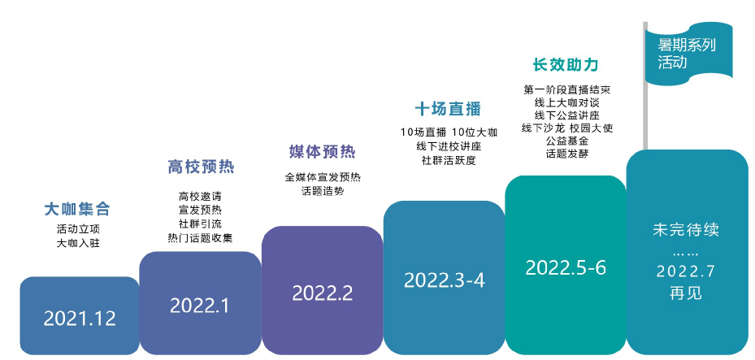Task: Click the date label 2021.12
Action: (x=80, y=319)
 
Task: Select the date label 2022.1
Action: (x=200, y=306)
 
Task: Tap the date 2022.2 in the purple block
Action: (x=323, y=293)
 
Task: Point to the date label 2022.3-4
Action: (x=445, y=280)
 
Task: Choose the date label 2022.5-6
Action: (x=566, y=267)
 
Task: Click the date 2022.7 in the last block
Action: (x=686, y=271)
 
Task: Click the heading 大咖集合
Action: (x=77, y=209)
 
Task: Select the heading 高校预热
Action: (x=202, y=167)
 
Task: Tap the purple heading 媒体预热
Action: (x=323, y=152)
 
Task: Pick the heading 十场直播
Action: (x=449, y=109)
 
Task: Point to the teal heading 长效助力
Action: (x=566, y=64)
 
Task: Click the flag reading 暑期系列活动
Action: (x=688, y=54)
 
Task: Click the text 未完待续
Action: (x=686, y=230)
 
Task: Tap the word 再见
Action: (x=686, y=293)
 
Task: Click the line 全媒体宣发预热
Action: (x=323, y=177)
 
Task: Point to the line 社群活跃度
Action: (x=449, y=161)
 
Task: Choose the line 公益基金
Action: (x=566, y=141)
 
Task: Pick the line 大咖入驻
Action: (x=78, y=243)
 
